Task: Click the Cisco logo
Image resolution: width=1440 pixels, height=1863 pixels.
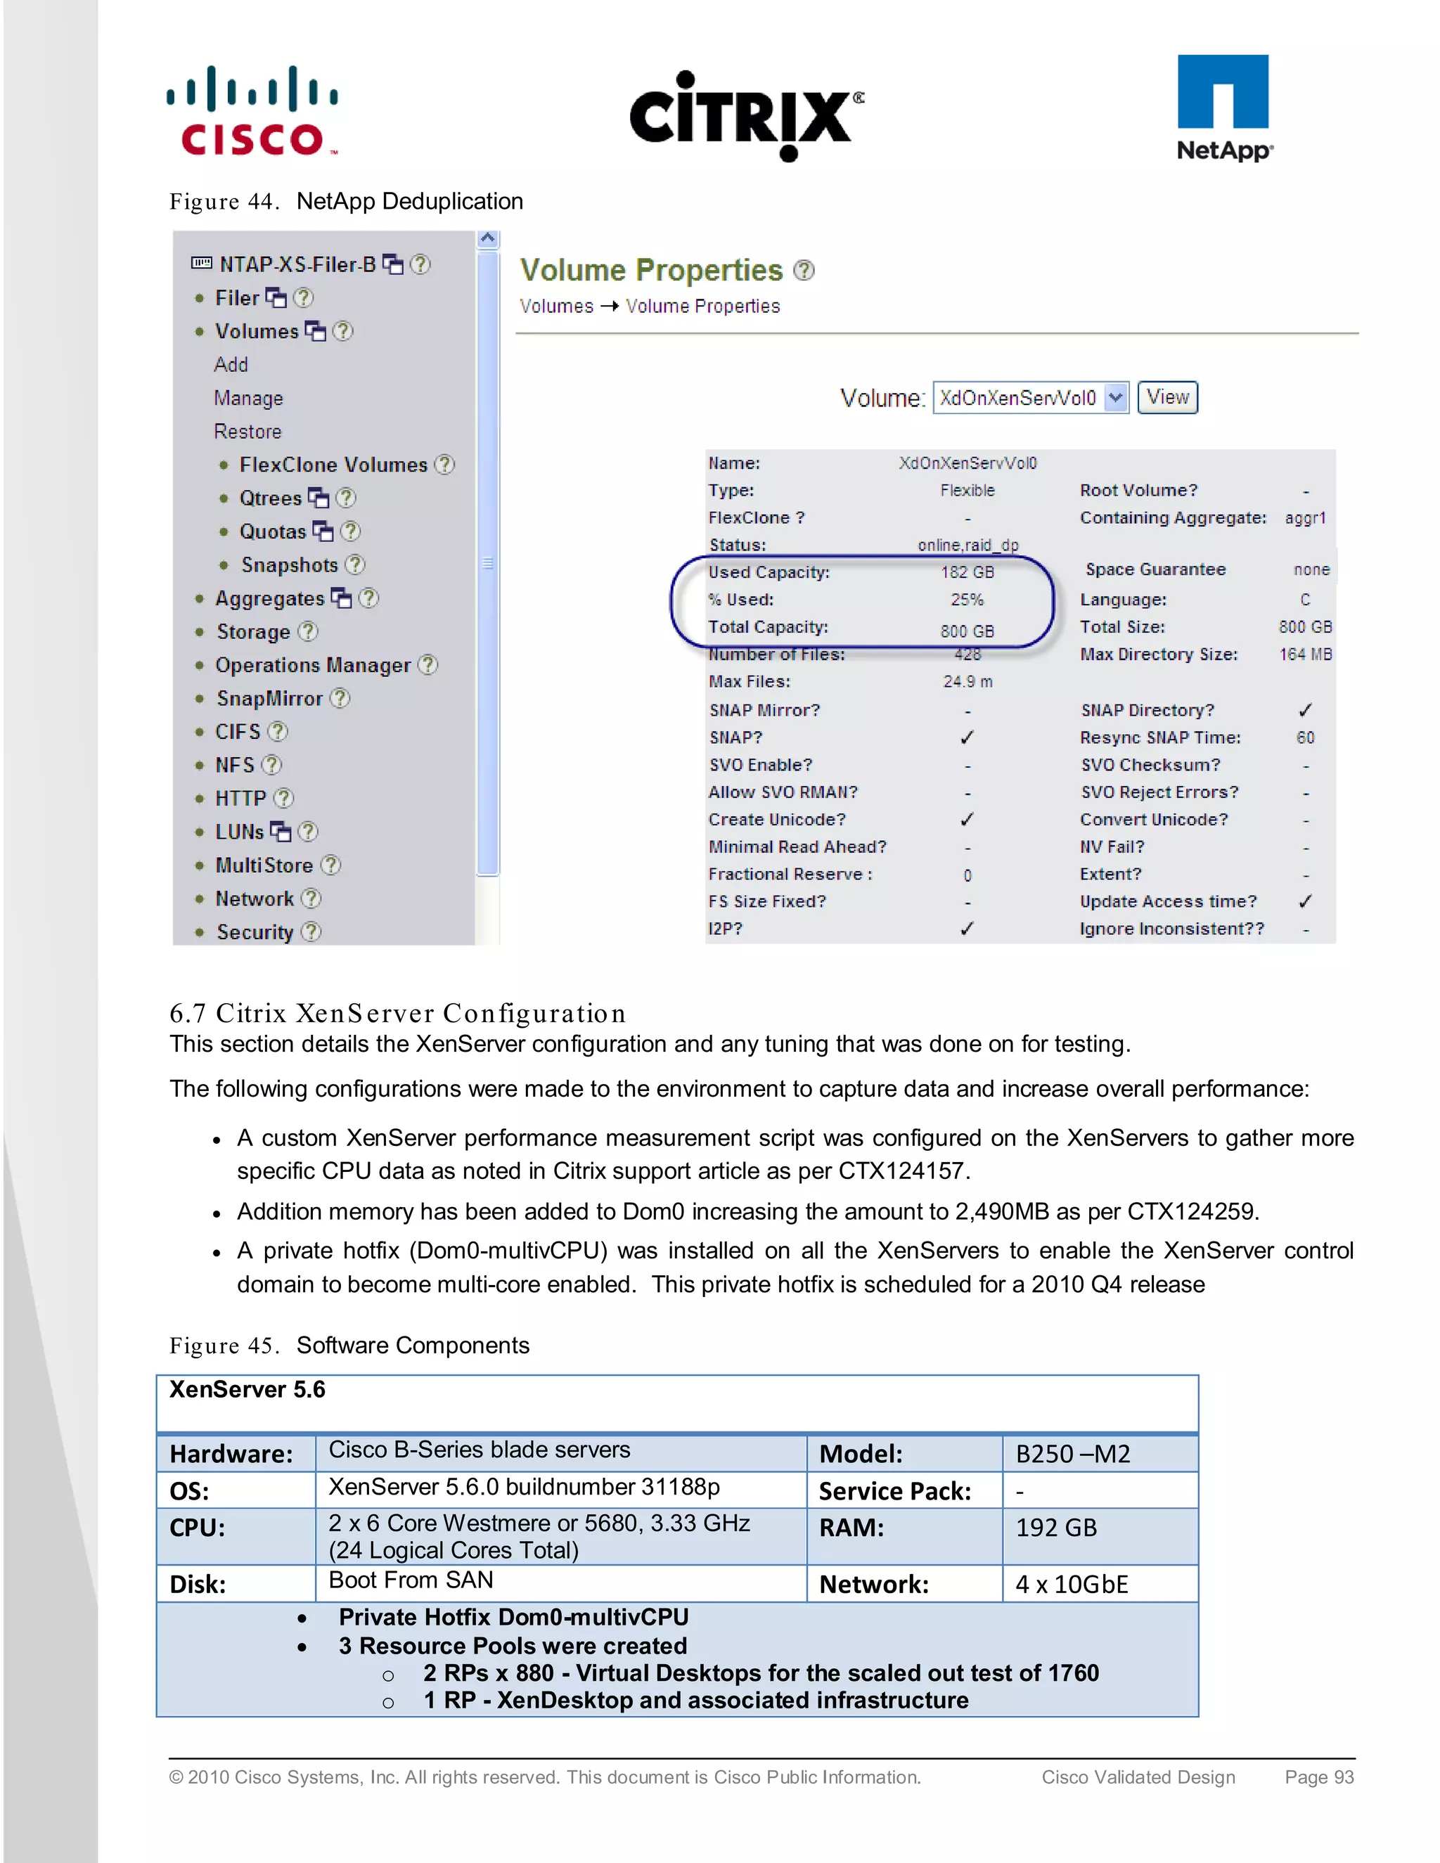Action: (252, 111)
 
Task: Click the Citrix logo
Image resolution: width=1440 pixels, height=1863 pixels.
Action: (745, 116)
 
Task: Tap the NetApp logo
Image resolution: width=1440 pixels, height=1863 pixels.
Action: (1223, 108)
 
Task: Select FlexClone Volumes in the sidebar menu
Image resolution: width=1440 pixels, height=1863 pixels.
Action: (333, 465)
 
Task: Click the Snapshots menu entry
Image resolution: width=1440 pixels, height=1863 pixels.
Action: (289, 565)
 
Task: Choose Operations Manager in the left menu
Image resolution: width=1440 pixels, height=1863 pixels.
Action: (312, 665)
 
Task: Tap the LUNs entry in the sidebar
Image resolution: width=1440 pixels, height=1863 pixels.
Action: (240, 832)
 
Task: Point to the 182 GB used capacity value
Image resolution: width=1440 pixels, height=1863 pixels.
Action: (967, 572)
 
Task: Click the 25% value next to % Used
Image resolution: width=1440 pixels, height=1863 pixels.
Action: (967, 600)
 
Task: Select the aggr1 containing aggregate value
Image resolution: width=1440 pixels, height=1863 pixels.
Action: (1304, 518)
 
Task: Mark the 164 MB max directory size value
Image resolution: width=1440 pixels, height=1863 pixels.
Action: (1304, 655)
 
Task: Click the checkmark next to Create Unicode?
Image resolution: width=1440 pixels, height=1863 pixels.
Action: (967, 820)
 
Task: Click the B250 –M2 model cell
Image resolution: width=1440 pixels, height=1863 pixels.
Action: (1072, 1454)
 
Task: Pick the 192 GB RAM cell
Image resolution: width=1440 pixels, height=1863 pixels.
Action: (1055, 1528)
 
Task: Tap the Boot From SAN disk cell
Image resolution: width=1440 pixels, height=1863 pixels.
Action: (411, 1580)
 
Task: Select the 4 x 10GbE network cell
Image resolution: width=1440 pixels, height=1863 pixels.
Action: (1072, 1585)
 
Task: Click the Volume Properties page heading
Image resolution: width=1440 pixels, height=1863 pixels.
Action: (651, 271)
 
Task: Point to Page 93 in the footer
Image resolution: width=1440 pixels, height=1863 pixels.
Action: (1319, 1777)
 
